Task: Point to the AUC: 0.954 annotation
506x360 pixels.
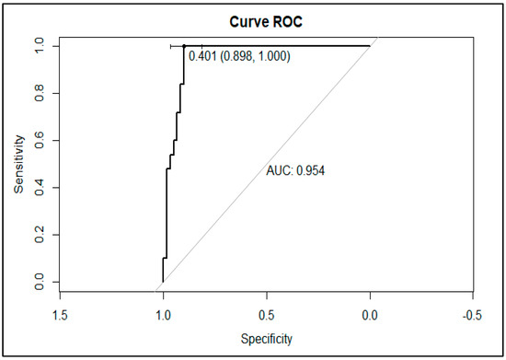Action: pos(296,170)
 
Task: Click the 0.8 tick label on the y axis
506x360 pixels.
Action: pos(39,93)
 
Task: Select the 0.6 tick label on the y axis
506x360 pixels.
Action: pos(39,140)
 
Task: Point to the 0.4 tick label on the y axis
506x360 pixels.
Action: pos(39,188)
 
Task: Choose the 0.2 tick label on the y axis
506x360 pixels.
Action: pos(39,235)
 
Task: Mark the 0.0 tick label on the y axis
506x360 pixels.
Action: pos(39,282)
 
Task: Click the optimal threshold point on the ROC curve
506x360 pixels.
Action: pos(184,46)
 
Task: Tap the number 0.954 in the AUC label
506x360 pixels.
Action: pos(309,170)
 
